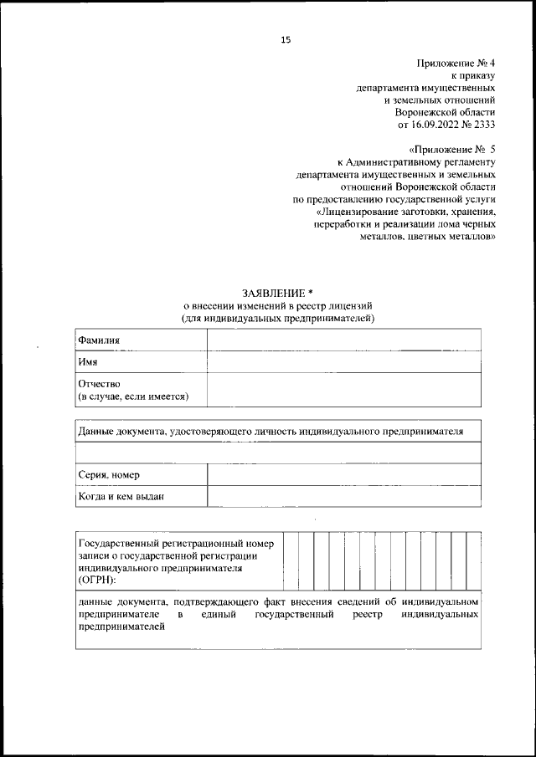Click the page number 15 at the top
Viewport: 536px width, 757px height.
(x=285, y=38)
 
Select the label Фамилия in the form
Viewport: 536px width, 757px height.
(x=99, y=340)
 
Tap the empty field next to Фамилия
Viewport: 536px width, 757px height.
(x=343, y=340)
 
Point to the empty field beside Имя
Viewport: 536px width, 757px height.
(x=343, y=362)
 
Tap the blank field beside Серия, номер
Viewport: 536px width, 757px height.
(x=343, y=475)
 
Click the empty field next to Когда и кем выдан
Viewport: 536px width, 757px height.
(x=343, y=497)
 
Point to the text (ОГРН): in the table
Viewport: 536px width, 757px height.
(x=97, y=578)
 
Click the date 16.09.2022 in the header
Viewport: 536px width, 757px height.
(x=438, y=124)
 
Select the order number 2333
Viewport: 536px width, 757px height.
(x=485, y=124)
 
